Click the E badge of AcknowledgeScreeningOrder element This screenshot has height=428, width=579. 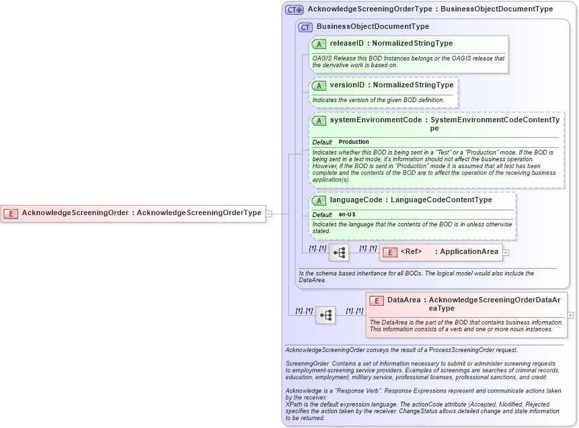[11, 213]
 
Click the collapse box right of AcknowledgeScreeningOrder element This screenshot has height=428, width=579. [269, 214]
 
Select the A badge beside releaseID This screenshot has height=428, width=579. [319, 44]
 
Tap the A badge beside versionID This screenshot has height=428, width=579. [319, 85]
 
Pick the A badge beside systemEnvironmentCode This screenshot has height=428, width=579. [319, 120]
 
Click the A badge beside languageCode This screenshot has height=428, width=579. [319, 200]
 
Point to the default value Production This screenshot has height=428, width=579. [354, 142]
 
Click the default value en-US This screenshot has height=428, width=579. [347, 214]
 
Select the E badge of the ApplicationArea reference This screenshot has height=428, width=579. [389, 252]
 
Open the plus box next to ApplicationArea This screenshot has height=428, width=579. [506, 253]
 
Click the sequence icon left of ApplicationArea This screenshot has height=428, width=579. [339, 253]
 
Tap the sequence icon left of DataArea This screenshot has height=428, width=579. [325, 314]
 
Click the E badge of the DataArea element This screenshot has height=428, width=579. [377, 300]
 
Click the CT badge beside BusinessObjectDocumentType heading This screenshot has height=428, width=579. [306, 27]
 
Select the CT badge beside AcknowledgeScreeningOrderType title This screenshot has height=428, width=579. [294, 9]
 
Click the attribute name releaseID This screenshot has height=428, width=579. [347, 44]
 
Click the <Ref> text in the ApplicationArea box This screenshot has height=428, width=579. [411, 252]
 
